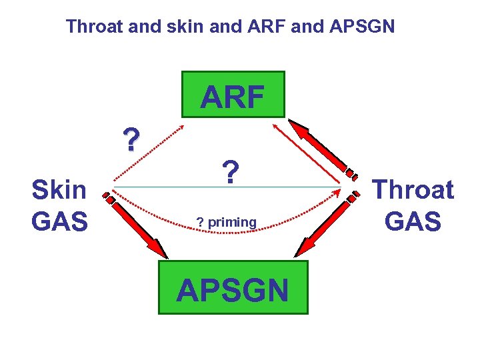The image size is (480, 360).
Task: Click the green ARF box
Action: (233, 95)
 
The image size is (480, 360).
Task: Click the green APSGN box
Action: (233, 287)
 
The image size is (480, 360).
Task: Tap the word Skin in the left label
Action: (59, 190)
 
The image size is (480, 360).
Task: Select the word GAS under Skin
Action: (59, 221)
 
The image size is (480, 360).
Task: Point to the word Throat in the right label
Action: (413, 190)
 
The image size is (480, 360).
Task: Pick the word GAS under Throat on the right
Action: (413, 221)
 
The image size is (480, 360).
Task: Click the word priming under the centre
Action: (232, 222)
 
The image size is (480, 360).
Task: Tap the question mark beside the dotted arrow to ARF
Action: (131, 140)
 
